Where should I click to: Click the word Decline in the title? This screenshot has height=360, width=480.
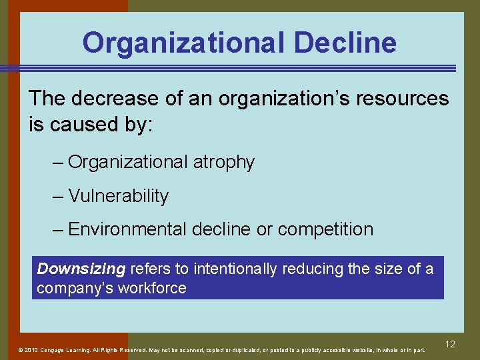tap(345, 43)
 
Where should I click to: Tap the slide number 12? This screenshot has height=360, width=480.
tap(450, 344)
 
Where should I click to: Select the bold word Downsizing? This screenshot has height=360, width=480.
tap(81, 269)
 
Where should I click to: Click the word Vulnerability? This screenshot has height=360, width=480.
tap(118, 196)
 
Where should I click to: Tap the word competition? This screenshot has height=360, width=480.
tap(325, 229)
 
